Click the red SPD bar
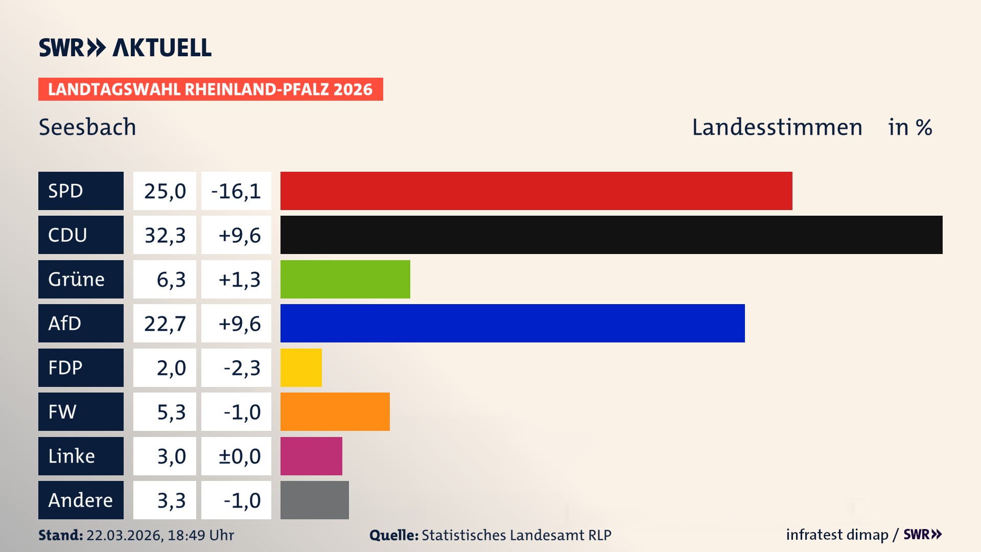click(536, 191)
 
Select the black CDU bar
click(611, 235)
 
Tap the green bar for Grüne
click(345, 279)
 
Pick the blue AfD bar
click(512, 323)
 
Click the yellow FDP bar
click(301, 367)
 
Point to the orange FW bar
click(335, 411)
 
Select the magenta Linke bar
click(311, 456)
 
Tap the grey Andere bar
click(314, 500)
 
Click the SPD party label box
click(81, 191)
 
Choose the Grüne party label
click(81, 279)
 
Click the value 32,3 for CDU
click(165, 235)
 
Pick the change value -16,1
click(236, 191)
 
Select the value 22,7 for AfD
click(165, 323)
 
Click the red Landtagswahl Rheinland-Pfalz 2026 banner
click(210, 89)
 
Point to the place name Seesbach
click(87, 127)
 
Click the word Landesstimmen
click(777, 127)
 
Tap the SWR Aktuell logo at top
click(125, 48)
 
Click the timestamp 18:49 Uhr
click(200, 535)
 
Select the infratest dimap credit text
click(836, 535)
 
